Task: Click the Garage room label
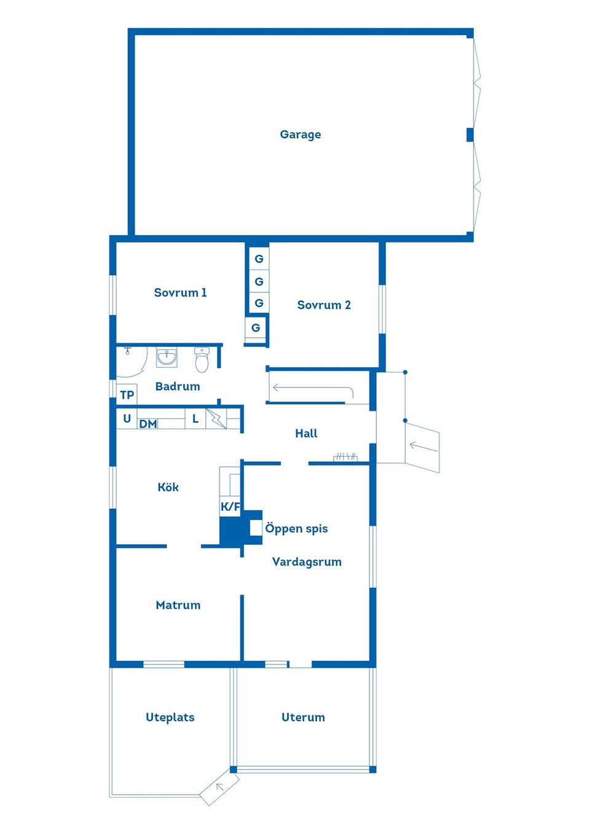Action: point(300,134)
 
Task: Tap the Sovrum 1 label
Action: point(180,293)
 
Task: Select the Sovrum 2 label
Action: point(324,305)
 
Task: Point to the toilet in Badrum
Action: point(202,360)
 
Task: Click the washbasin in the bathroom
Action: point(167,357)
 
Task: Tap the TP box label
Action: point(127,395)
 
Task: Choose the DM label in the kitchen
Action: point(147,424)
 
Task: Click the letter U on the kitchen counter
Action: point(127,419)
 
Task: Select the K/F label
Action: point(230,507)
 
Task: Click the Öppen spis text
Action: point(296,529)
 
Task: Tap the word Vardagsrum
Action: point(307,562)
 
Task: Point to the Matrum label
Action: point(178,606)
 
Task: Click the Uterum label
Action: point(303,717)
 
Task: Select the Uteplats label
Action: point(170,717)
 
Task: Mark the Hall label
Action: point(306,434)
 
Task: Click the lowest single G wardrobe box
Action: point(256,328)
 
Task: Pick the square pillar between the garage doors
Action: point(470,134)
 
